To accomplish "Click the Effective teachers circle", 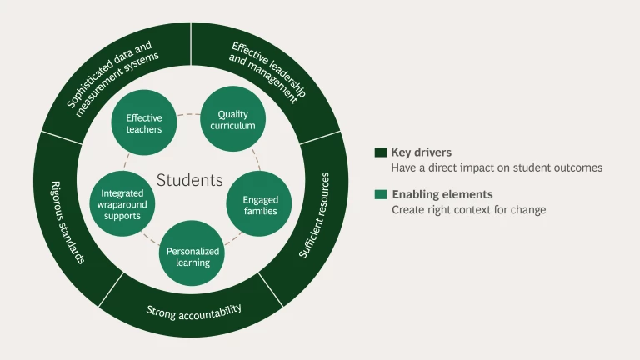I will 144,122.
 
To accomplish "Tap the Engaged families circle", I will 260,204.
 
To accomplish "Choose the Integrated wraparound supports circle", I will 122,204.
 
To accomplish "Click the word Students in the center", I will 190,180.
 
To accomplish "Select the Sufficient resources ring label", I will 314,215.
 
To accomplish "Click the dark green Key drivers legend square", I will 380,152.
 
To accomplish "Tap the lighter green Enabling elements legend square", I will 380,194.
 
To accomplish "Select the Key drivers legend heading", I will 422,152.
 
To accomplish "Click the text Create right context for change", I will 469,210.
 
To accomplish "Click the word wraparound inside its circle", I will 121,204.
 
